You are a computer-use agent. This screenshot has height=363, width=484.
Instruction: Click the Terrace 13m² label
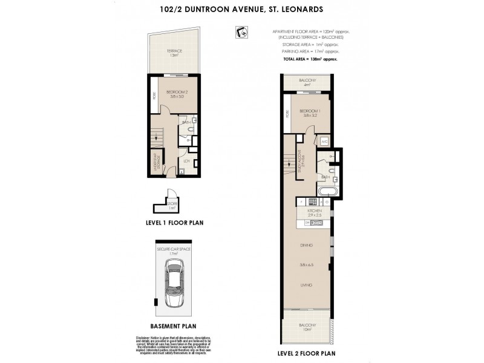175,53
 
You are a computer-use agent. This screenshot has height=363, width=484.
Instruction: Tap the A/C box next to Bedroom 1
324,142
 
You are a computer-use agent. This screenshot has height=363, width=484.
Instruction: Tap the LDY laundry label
188,162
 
